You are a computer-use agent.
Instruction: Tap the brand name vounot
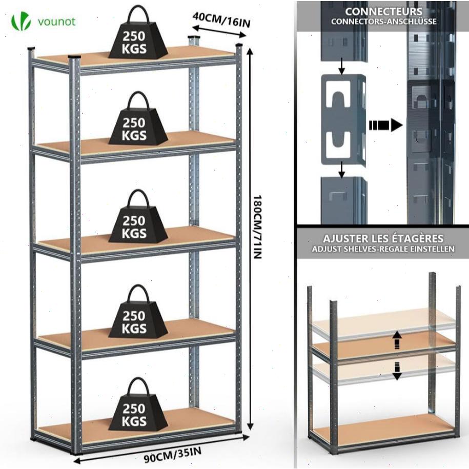[56, 22]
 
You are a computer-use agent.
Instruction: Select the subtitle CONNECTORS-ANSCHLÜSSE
[384, 22]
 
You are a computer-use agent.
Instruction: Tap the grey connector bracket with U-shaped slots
[342, 119]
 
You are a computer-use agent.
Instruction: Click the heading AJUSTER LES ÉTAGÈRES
[383, 239]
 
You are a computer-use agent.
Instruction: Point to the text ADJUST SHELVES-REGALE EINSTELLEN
[383, 250]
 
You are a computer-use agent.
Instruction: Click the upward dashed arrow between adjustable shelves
[397, 339]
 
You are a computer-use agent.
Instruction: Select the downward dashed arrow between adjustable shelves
[397, 370]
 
